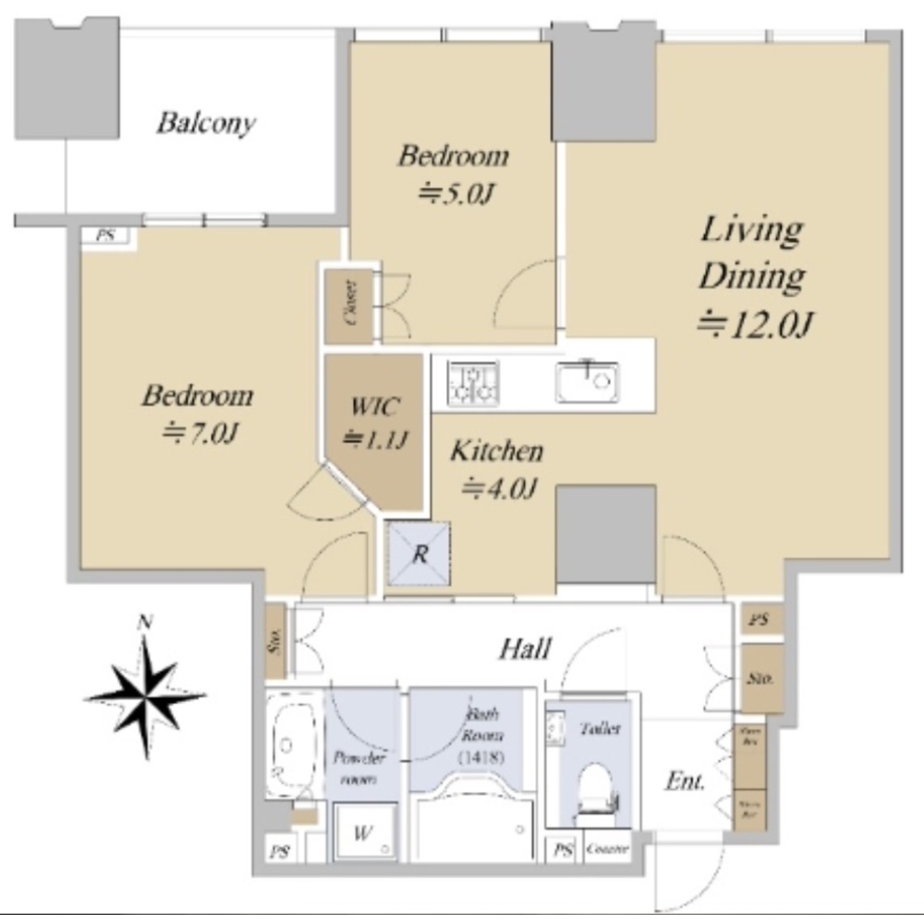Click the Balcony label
click(205, 123)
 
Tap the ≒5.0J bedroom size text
click(453, 193)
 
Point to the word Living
click(750, 229)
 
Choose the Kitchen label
click(496, 452)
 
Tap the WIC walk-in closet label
click(374, 407)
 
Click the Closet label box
click(350, 306)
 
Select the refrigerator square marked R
click(419, 555)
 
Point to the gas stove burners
click(473, 383)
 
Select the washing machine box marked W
click(362, 832)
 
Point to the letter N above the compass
click(143, 623)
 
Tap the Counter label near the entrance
click(608, 849)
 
